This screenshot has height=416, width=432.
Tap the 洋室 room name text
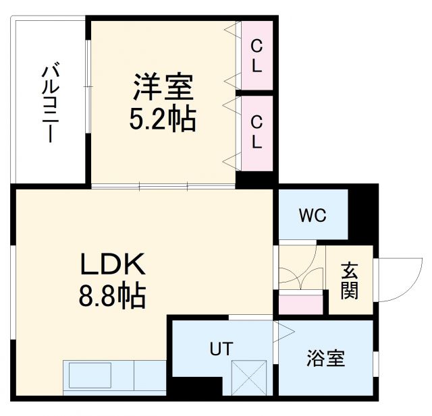[x=163, y=88]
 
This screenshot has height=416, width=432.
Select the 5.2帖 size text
[x=162, y=119]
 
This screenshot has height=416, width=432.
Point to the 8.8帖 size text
[x=112, y=295]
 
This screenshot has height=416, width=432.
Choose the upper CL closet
[x=257, y=57]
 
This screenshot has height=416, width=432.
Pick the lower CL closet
[x=257, y=132]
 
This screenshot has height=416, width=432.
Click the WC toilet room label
[x=313, y=215]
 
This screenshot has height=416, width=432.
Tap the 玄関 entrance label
[x=350, y=280]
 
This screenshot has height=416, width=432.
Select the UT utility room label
[x=220, y=349]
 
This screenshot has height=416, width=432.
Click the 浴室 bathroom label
[x=326, y=358]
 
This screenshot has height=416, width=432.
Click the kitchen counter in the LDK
[x=115, y=378]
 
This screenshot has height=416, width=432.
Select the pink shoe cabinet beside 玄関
[x=300, y=304]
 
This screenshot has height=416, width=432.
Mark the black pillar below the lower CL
[x=256, y=179]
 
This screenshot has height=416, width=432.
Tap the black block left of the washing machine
[x=196, y=388]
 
